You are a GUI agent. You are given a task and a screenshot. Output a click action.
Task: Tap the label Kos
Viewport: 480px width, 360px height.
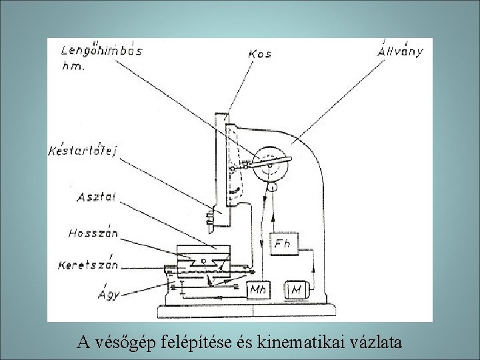coord(259,53)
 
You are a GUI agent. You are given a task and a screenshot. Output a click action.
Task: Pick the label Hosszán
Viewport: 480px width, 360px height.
coord(93,233)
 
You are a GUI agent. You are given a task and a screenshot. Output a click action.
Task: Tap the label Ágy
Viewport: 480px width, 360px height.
coord(108,293)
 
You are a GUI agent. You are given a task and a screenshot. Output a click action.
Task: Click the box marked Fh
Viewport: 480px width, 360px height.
coord(281,244)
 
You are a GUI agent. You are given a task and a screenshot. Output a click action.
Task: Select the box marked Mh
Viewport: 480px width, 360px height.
coord(259,290)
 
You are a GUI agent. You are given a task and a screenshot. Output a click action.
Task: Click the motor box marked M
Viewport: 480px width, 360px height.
coord(296,290)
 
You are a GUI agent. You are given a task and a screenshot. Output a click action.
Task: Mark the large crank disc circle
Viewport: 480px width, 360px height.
coord(271,163)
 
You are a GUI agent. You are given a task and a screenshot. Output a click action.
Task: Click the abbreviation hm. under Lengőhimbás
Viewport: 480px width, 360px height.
coord(71,67)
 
